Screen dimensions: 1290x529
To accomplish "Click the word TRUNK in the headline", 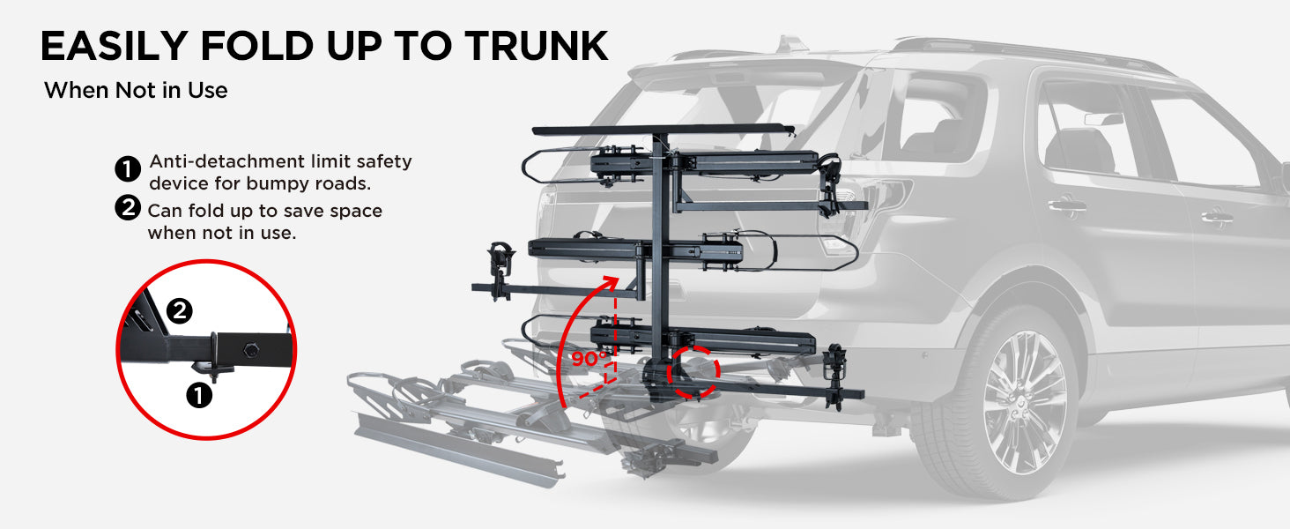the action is (x=536, y=46).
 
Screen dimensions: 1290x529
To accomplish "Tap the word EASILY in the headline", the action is (x=114, y=46).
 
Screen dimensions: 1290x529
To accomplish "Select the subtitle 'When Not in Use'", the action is (x=136, y=91).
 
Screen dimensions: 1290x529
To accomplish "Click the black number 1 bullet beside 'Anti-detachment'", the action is (x=127, y=169).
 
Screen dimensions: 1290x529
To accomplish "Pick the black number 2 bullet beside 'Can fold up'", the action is (x=127, y=207).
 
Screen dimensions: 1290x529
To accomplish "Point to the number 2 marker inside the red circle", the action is (x=179, y=311).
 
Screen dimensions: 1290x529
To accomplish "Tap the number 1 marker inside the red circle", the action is (x=198, y=395).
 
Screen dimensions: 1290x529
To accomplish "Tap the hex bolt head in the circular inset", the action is (x=252, y=349).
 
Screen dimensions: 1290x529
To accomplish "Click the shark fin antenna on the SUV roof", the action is (x=790, y=44).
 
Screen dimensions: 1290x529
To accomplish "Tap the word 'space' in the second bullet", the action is (x=356, y=212).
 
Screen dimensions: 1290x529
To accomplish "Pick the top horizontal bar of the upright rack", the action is (x=663, y=129).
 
